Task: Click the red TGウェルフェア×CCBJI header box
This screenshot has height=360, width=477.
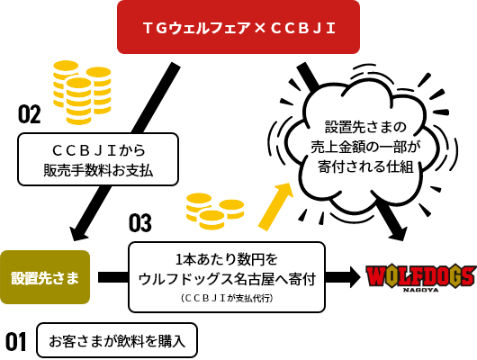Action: (x=238, y=27)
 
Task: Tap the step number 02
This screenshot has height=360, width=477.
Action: (x=29, y=114)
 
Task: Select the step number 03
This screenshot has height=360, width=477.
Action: (x=139, y=223)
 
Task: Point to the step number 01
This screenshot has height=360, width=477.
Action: (x=16, y=341)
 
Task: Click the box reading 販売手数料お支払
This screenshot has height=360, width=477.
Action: (x=98, y=159)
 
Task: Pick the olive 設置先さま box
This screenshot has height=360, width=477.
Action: (x=45, y=277)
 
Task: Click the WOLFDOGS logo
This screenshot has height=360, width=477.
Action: (x=421, y=277)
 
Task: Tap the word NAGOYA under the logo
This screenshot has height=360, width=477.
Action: (x=421, y=290)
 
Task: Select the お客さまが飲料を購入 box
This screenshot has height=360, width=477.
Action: (x=117, y=340)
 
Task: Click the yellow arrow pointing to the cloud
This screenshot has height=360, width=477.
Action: (x=275, y=207)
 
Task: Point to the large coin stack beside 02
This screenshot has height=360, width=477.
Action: (x=82, y=92)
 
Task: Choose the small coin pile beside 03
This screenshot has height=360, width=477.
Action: (x=215, y=211)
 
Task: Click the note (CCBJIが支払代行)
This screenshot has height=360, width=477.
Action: (x=227, y=298)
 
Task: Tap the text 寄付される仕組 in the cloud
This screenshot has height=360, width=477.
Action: (x=365, y=166)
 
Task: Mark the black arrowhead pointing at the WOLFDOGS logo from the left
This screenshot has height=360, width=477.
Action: (x=355, y=277)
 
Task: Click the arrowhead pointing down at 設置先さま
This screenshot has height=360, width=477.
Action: (x=79, y=234)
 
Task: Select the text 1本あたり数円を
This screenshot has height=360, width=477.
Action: (x=227, y=259)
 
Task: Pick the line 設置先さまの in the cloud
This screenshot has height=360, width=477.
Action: (x=365, y=127)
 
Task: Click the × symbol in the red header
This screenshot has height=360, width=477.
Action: (x=259, y=28)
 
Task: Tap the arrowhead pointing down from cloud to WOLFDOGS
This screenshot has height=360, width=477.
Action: (x=398, y=234)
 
